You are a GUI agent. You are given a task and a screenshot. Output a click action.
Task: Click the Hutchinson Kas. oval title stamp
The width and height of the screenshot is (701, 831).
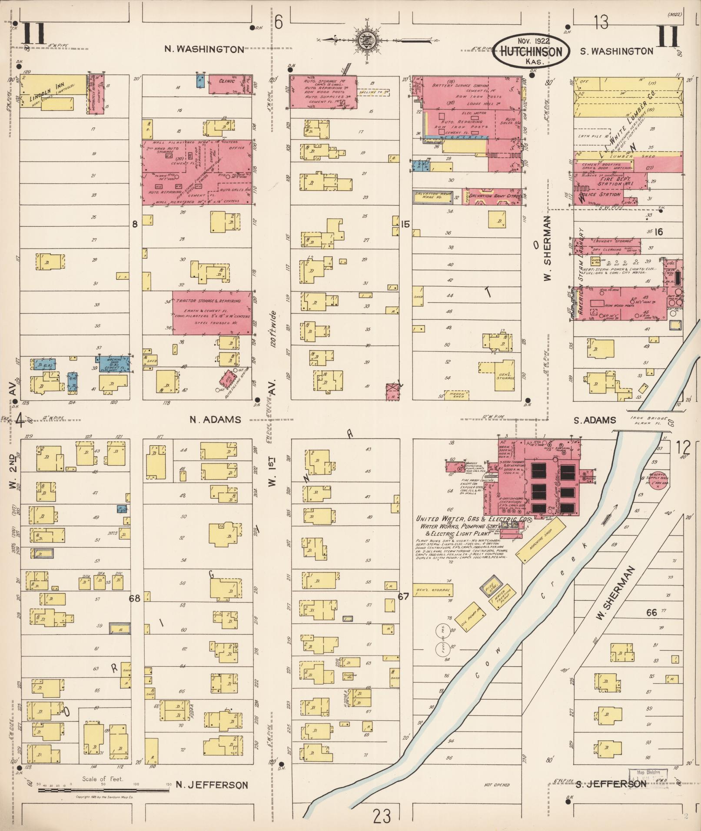(x=531, y=51)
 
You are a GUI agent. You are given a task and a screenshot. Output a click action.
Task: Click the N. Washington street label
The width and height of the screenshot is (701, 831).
(x=204, y=49)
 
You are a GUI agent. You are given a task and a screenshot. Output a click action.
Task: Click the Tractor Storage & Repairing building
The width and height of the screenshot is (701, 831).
(x=212, y=313)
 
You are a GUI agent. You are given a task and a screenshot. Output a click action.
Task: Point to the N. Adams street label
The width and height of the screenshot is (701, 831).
(x=215, y=420)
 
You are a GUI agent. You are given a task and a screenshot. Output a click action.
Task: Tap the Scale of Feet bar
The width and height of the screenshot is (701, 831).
(x=103, y=790)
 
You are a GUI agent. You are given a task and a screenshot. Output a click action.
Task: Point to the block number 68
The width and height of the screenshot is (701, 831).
(x=135, y=599)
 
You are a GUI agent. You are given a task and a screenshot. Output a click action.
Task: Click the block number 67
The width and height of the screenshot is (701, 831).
(x=403, y=596)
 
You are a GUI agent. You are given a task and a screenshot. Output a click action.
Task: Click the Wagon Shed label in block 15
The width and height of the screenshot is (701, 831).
(x=455, y=395)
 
